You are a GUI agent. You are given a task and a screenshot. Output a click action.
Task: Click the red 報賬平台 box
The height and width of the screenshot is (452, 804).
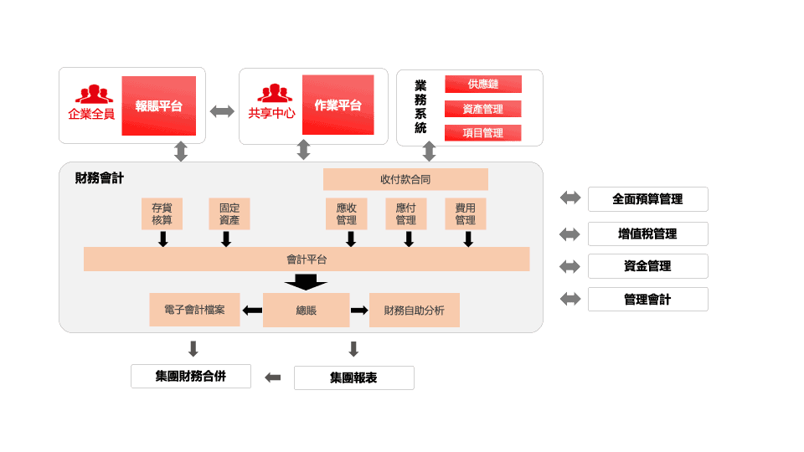[x=158, y=106]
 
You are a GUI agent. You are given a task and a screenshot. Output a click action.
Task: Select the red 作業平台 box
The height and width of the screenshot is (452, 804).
[x=338, y=105]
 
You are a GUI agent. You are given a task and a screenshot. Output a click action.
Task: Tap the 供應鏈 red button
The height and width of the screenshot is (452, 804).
[x=483, y=85]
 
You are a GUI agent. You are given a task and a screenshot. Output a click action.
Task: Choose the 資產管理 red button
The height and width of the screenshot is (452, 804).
[x=483, y=109]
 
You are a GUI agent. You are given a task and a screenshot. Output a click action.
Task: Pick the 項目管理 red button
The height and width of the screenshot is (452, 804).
[x=483, y=133]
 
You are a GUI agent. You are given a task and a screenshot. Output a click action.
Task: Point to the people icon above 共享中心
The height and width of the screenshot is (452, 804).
[x=274, y=94]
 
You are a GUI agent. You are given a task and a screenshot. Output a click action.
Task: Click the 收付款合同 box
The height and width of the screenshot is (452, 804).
[x=405, y=179]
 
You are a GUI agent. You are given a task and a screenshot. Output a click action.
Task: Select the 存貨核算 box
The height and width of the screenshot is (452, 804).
[x=162, y=213]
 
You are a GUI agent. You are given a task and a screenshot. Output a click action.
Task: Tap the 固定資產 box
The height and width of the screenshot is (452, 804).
[x=229, y=213]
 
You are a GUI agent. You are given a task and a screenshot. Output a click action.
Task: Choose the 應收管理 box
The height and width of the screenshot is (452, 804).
[x=346, y=213]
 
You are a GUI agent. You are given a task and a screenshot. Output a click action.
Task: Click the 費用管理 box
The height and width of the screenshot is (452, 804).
[x=465, y=213]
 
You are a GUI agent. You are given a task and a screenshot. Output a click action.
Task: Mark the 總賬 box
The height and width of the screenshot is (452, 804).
[x=306, y=310]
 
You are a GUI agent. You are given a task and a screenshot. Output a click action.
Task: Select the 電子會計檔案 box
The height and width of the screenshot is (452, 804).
[x=194, y=310]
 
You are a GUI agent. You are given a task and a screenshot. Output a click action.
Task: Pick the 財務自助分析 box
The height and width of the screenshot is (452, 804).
[x=415, y=310]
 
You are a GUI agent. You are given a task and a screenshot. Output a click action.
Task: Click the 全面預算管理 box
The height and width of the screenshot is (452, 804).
[x=647, y=199]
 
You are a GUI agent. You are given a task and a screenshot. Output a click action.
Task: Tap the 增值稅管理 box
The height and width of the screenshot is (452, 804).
[x=647, y=234]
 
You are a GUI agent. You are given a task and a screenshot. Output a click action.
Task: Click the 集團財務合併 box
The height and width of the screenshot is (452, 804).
[x=191, y=377]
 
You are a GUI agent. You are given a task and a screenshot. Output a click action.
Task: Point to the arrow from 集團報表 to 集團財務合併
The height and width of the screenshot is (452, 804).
[x=273, y=378]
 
